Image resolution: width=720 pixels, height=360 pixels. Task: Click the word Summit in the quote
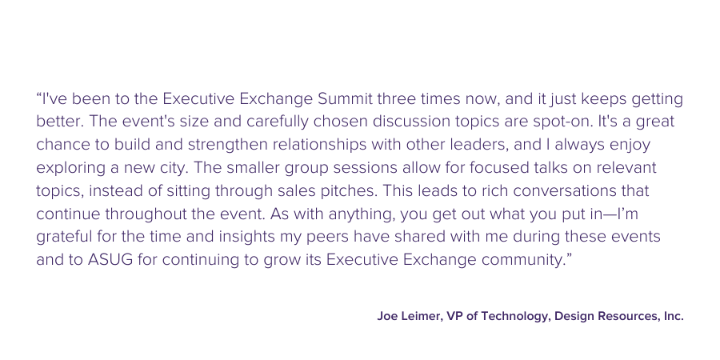[346, 98]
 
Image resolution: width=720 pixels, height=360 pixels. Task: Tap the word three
[397, 98]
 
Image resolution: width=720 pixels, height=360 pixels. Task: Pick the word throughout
[136, 214]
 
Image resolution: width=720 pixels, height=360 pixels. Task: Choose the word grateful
[64, 237]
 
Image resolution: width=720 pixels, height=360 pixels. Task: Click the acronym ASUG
[110, 260]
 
